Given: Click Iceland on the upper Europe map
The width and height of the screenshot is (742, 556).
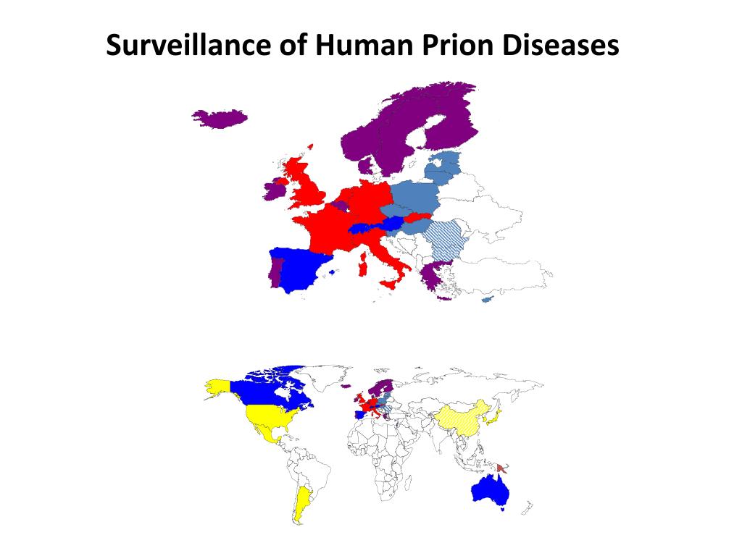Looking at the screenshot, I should pos(220,117).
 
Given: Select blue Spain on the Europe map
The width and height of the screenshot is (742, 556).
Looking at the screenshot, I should pos(300,269).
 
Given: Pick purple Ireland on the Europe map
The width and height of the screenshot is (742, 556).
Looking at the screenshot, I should pos(275,190).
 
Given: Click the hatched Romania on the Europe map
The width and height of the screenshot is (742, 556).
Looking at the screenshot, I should pos(445,238).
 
